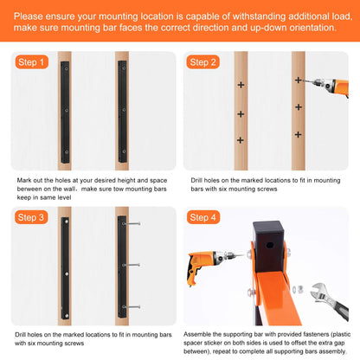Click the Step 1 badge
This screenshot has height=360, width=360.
tap(31, 62)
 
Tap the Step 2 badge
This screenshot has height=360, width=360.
tap(203, 62)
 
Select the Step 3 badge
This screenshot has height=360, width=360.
tap(31, 217)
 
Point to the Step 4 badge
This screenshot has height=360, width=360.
tap(203, 217)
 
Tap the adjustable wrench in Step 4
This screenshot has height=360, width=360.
tap(330, 302)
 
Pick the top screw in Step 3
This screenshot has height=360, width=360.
tap(132, 223)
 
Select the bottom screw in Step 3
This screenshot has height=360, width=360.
tap(132, 307)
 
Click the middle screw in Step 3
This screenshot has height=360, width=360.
tap(132, 265)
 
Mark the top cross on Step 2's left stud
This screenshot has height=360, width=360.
tap(241, 85)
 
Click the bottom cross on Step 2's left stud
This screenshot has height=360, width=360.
tap(241, 140)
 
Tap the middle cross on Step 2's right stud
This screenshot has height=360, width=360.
tap(299, 107)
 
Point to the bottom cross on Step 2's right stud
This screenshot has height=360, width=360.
tap(299, 134)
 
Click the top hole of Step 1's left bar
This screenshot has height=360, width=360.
tap(67, 69)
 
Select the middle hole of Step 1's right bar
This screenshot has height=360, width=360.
tap(124, 110)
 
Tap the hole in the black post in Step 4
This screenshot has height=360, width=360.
tap(270, 246)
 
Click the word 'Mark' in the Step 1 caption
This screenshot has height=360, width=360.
tap(24, 180)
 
